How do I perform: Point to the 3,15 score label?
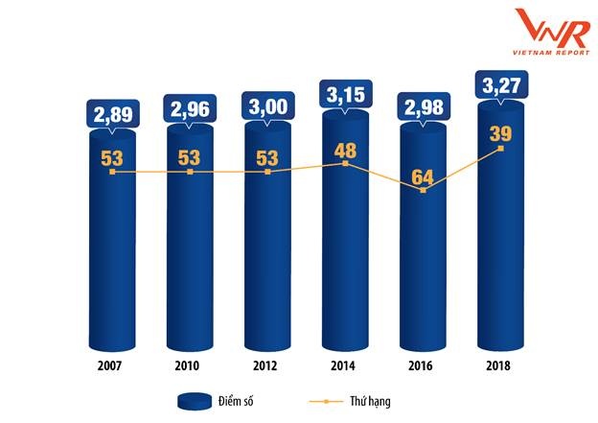[346, 95]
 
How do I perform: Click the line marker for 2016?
[423, 191]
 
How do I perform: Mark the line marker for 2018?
[500, 149]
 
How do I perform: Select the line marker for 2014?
[345, 163]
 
